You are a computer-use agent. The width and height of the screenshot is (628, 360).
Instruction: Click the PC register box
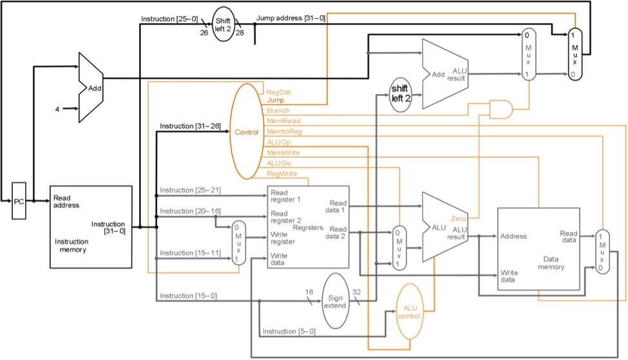19,202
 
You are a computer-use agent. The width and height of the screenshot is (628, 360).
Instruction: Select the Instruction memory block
91,226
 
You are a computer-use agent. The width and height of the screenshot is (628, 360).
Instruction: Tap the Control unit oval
246,132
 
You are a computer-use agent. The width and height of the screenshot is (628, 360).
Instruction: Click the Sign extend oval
335,301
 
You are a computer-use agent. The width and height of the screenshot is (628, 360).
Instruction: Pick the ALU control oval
411,312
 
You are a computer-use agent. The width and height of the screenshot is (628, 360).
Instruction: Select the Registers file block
309,227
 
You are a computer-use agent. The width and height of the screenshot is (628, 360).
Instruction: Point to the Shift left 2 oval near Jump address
223,24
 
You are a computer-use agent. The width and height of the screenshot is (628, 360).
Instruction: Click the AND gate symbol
501,109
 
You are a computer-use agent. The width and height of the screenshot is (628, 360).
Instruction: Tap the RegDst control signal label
278,92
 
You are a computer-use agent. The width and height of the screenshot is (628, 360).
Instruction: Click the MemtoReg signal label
284,131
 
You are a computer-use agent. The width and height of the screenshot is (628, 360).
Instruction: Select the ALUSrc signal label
280,163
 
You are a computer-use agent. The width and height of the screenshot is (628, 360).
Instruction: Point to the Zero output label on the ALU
459,220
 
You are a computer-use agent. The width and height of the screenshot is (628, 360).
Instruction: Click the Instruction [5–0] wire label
289,331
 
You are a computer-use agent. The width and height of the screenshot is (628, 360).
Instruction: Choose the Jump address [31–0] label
290,18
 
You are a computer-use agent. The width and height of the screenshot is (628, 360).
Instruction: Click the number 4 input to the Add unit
57,109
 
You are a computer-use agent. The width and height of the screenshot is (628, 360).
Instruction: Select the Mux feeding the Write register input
238,243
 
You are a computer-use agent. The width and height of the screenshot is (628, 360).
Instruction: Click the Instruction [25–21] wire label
190,190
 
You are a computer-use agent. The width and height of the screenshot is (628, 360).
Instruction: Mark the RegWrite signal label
281,174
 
